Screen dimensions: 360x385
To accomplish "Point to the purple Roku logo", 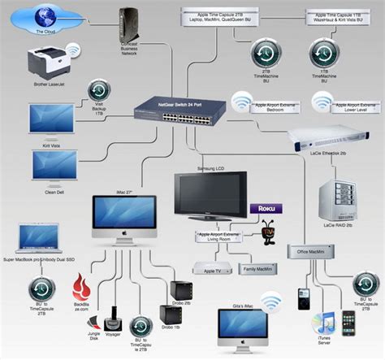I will [264, 208].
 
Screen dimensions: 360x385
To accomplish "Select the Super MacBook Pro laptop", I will [32, 239].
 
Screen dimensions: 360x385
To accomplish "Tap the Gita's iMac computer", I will [243, 325].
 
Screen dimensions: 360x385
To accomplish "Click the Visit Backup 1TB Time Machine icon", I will [98, 89].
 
